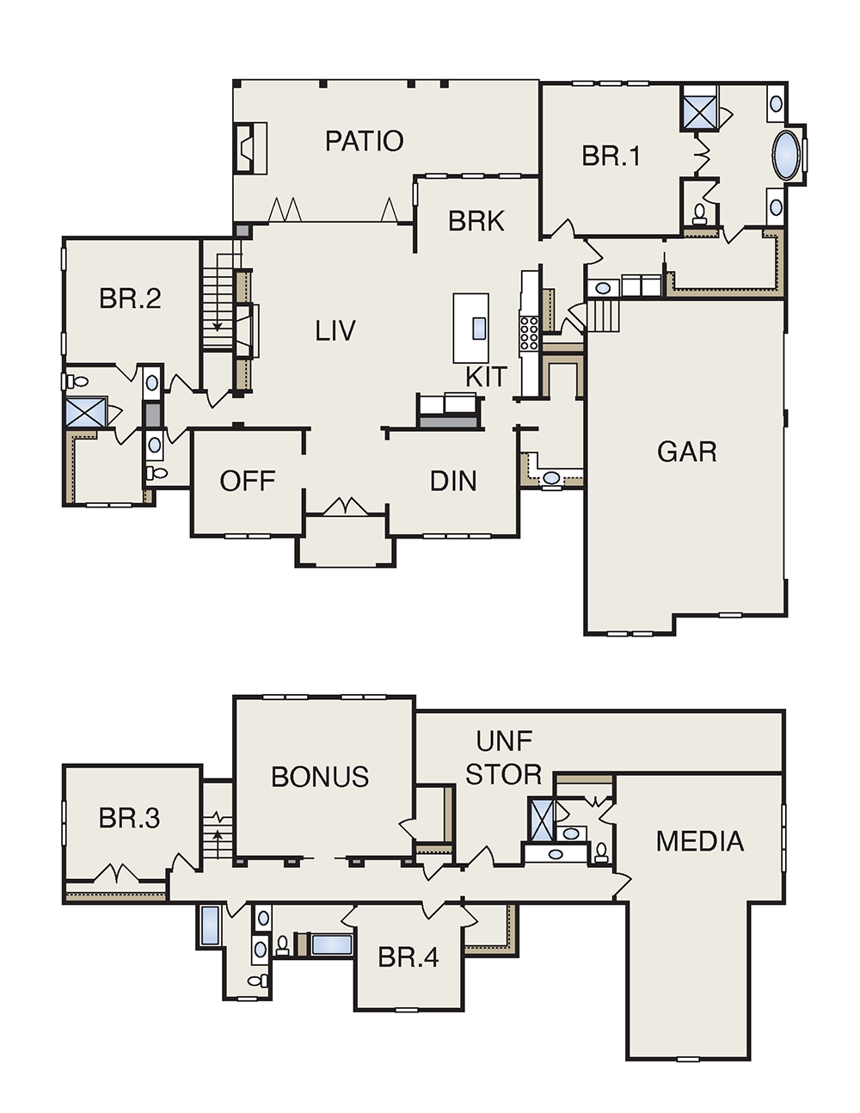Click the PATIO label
(x=365, y=141)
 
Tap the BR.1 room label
(x=611, y=156)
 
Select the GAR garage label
(x=687, y=452)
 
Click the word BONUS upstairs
(x=320, y=777)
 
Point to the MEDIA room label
(x=700, y=841)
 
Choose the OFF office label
(x=248, y=481)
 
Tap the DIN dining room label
(x=453, y=481)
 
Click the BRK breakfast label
(x=476, y=221)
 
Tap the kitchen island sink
(x=479, y=328)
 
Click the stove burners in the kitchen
(x=529, y=333)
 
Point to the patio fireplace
(x=251, y=148)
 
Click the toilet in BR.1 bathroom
(x=698, y=215)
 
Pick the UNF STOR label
(x=504, y=758)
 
